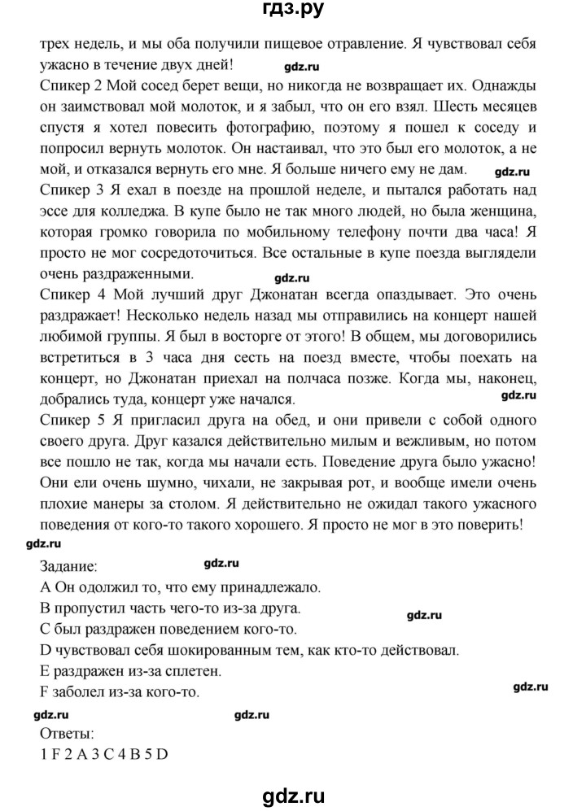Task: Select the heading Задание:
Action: [x=72, y=565]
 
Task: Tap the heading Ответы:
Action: [x=68, y=734]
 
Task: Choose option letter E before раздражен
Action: [x=45, y=670]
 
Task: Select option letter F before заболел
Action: [x=45, y=691]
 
